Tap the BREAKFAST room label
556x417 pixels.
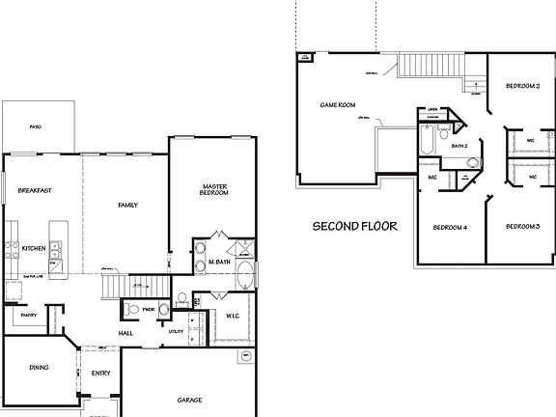(35, 191)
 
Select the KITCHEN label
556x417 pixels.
(34, 249)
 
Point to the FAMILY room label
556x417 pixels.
(127, 205)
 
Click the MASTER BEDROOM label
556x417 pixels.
(214, 190)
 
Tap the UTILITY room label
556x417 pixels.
(176, 330)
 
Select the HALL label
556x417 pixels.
(125, 334)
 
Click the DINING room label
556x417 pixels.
(38, 367)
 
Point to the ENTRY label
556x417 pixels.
(100, 373)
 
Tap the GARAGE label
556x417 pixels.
(189, 399)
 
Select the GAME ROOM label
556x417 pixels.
(338, 105)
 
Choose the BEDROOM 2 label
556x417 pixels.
(521, 86)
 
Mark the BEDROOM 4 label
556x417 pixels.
(450, 228)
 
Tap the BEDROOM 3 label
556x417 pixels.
(521, 226)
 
